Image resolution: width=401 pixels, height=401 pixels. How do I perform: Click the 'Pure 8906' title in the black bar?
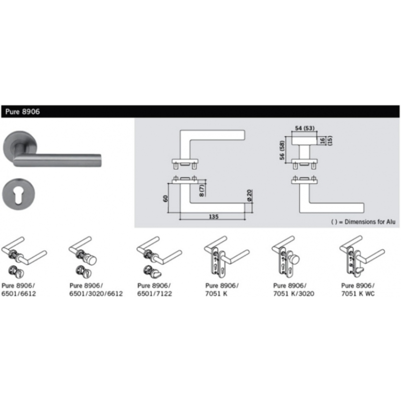point(23,112)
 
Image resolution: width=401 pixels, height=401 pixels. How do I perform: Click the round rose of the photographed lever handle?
point(20,148)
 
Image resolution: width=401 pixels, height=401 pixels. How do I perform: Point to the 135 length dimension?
point(214,217)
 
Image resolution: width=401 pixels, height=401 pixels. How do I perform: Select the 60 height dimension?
point(166,198)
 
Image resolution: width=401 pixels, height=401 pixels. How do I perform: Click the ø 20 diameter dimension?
point(250,195)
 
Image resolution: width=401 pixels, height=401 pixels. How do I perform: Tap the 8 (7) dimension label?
point(202,190)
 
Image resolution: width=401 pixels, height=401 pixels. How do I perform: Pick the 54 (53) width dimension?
point(305,128)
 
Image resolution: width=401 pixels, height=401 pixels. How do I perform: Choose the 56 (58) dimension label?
point(282,150)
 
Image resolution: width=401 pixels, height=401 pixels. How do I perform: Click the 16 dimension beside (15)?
point(322,140)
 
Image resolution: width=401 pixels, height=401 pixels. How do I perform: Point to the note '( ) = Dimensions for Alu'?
point(363,222)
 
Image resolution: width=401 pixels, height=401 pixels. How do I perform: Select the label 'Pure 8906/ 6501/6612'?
point(19,290)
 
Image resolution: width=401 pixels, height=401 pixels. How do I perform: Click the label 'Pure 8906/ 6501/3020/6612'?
point(96,290)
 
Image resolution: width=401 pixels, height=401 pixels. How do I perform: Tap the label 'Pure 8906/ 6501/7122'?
point(154,290)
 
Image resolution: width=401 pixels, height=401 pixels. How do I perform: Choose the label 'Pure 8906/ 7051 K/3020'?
point(294,290)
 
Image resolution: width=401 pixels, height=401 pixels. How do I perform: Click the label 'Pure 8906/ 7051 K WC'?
point(358,290)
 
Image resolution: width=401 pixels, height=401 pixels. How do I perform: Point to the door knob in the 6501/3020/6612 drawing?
point(91,260)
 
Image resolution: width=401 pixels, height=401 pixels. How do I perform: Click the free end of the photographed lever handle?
point(100,160)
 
